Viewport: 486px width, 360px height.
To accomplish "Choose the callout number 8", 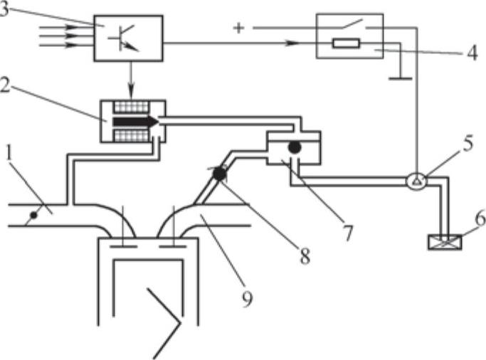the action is pyautogui.click(x=305, y=256).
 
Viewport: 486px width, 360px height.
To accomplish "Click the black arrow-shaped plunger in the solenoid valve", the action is pyautogui.click(x=135, y=122).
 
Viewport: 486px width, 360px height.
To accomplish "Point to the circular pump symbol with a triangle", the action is pyautogui.click(x=418, y=181).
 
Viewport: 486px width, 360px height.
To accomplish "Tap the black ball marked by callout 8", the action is pyautogui.click(x=219, y=172).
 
